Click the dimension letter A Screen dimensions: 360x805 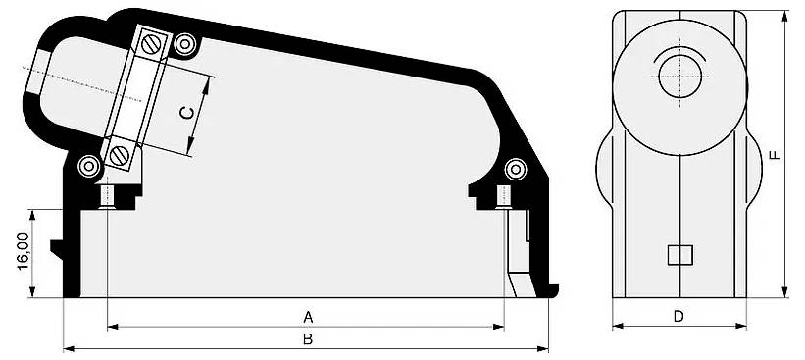pos(307,317)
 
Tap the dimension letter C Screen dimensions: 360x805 pos(186,113)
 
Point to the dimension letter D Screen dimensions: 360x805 pos(679,316)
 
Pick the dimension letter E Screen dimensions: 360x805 pos(775,155)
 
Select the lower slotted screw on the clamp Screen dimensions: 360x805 pos(120,154)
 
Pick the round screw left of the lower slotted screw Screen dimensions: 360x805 pos(89,165)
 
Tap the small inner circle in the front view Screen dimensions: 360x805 pos(679,76)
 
